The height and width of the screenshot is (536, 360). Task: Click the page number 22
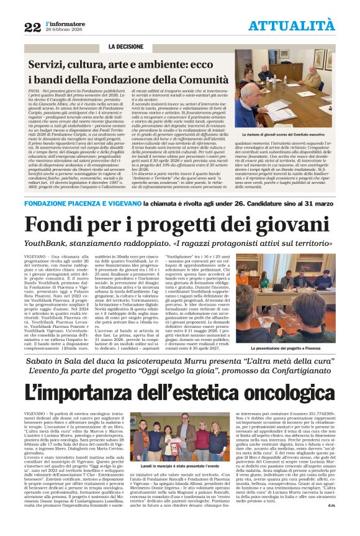(x=32, y=27)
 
